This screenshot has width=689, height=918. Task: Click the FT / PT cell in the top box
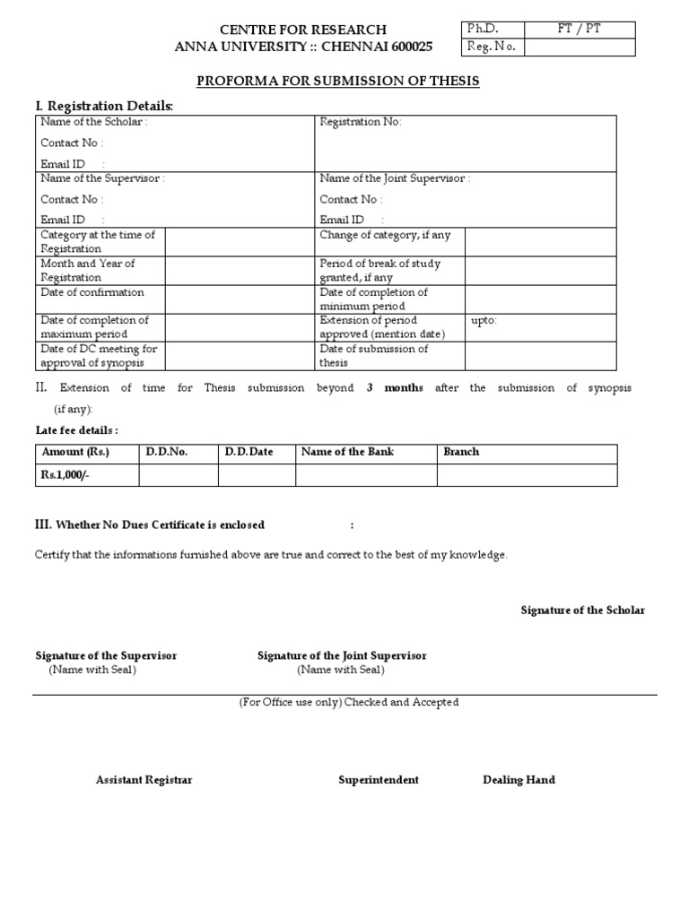point(579,30)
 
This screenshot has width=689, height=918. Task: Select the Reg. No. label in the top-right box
point(491,48)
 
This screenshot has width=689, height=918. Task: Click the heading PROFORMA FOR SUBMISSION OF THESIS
point(338,82)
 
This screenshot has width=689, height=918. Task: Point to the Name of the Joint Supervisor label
point(395,178)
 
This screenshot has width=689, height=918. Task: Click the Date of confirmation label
point(92,292)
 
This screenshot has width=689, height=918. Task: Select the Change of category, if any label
point(386,235)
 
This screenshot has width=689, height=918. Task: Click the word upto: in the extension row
point(484,320)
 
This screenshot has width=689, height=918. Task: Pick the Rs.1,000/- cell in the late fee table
point(66,475)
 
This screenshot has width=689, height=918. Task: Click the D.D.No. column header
point(167,452)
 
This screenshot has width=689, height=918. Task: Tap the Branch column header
point(461,452)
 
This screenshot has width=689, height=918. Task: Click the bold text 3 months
point(395,388)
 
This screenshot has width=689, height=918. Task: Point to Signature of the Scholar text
point(582,611)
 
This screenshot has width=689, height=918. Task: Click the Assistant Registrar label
point(144,780)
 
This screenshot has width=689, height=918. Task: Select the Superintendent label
point(378,780)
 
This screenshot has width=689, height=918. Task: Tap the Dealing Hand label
point(519,780)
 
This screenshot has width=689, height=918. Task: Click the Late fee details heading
point(76,430)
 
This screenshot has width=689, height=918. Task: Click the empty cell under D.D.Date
point(257,475)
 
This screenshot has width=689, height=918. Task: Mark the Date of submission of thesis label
point(374,356)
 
